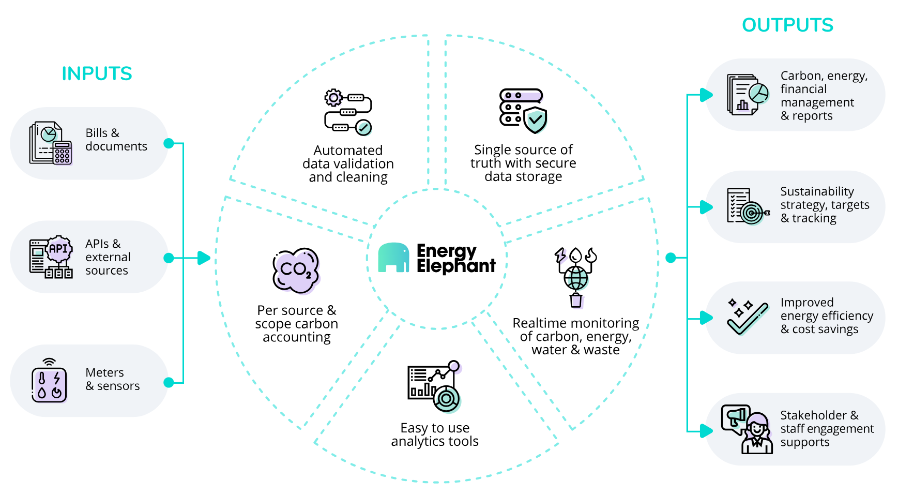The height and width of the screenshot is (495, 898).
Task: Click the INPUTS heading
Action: tap(97, 73)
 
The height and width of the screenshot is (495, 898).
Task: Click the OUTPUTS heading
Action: tap(787, 25)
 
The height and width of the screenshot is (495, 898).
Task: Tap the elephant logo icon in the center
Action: tap(393, 257)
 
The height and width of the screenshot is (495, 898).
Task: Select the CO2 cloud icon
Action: tap(296, 271)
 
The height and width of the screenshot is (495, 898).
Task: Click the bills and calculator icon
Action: tap(50, 143)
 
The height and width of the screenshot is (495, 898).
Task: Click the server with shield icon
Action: tap(523, 111)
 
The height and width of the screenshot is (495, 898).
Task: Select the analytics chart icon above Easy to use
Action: tap(434, 386)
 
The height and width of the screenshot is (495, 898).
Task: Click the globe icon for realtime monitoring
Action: tap(575, 278)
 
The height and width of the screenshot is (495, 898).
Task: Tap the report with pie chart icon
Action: tap(748, 95)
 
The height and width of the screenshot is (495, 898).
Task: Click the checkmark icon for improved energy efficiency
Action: tap(747, 317)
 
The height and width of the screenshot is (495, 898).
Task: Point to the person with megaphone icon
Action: tap(747, 429)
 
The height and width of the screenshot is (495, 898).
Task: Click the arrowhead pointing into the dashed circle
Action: tap(204, 258)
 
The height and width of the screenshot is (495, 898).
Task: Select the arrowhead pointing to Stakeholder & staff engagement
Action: tap(706, 430)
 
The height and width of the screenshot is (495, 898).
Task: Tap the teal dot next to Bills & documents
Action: tap(169, 143)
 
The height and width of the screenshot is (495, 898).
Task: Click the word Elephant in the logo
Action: tap(456, 266)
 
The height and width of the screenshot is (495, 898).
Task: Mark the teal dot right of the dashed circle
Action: tap(671, 258)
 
